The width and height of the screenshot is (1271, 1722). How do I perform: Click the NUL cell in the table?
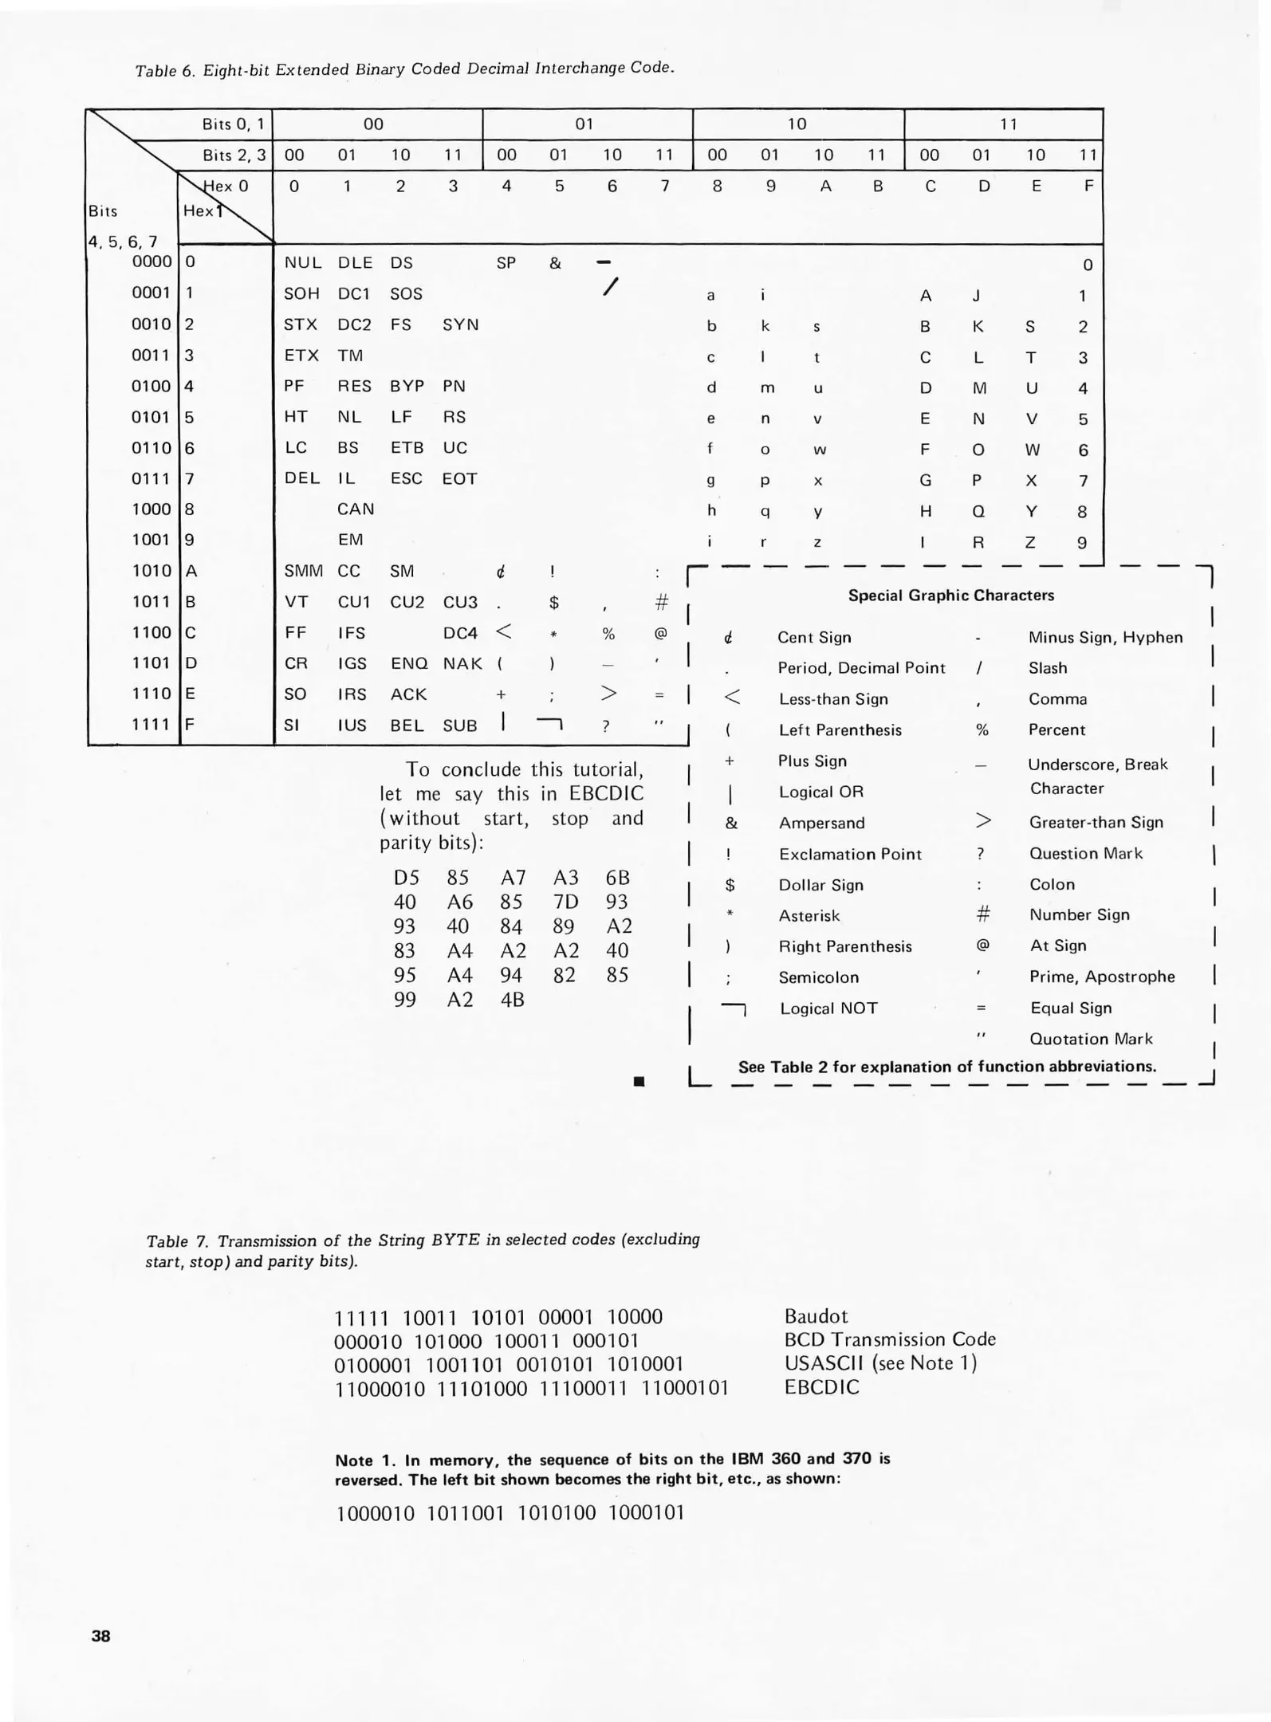302,263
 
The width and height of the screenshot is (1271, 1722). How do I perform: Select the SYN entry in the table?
460,324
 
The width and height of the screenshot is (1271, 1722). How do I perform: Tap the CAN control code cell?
355,509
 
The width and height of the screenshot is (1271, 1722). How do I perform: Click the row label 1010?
151,571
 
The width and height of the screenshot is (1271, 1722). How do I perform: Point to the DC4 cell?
460,633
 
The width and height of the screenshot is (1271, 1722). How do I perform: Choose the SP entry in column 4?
506,263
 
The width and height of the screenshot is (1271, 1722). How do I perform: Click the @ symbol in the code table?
660,633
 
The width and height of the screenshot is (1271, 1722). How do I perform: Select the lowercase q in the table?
765,512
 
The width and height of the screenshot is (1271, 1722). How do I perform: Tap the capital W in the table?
1032,450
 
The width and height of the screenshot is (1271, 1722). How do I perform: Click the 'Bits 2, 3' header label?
234,155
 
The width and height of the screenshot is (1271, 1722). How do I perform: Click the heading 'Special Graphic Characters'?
950,596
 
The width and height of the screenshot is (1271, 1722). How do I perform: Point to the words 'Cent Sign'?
814,637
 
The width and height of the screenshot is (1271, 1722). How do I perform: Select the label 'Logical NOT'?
828,1008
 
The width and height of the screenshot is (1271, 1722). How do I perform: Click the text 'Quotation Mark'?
1090,1039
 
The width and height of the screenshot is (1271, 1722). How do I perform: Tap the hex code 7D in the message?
565,902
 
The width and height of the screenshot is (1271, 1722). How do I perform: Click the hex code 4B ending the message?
512,1000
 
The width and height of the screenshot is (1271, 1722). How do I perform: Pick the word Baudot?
816,1316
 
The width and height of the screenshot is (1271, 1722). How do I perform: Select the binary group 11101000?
482,1389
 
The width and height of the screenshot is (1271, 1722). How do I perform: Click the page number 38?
100,1636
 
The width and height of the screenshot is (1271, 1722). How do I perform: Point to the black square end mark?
638,1082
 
